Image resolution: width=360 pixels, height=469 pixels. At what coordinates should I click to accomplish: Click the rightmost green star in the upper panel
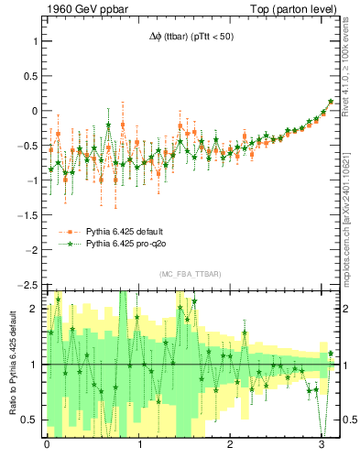pos(331,102)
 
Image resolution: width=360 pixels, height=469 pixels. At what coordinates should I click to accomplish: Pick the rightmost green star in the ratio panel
pos(331,353)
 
